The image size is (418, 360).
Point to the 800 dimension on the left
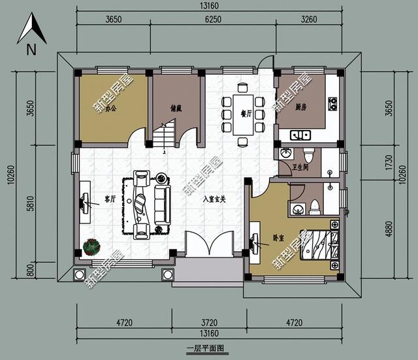point(10,268)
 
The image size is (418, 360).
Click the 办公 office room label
point(112,109)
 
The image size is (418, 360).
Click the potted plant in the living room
point(91,247)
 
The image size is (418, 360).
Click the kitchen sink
point(301,135)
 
